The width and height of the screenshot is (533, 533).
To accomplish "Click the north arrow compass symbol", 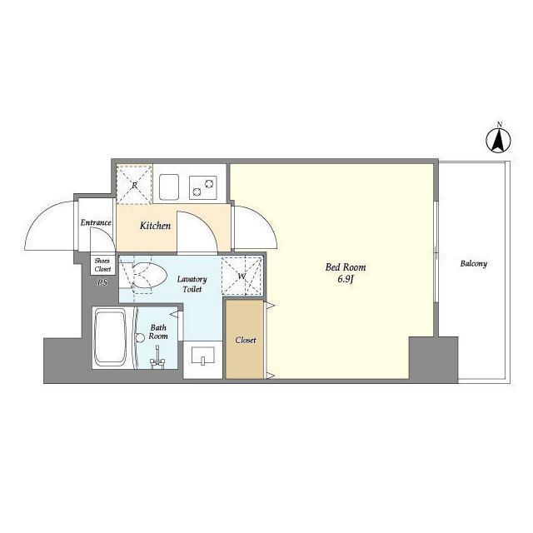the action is [499, 140].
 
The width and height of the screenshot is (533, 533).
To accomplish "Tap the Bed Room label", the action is [346, 267].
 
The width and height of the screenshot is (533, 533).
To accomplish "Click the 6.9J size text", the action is [346, 280].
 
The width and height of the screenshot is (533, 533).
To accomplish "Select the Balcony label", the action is [474, 263].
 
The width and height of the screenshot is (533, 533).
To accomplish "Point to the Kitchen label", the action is [155, 226].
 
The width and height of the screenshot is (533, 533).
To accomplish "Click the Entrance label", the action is [96, 222].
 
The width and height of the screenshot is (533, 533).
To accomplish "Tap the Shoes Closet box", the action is [102, 265].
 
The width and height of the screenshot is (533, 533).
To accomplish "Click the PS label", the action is [102, 281].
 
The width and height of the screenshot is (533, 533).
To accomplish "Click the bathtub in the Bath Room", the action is [110, 336].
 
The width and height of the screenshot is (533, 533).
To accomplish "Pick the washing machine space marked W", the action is [242, 276].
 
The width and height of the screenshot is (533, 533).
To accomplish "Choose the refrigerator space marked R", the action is [134, 184].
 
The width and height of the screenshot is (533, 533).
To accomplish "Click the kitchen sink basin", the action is [169, 187].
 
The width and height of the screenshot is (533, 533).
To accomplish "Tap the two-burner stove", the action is [203, 187].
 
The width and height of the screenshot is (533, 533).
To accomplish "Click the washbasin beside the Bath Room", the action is [203, 356].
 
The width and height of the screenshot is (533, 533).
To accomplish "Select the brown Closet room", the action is [245, 339].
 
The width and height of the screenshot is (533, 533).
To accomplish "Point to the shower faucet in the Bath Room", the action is [157, 360].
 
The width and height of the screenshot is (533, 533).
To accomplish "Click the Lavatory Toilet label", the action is [192, 284].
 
